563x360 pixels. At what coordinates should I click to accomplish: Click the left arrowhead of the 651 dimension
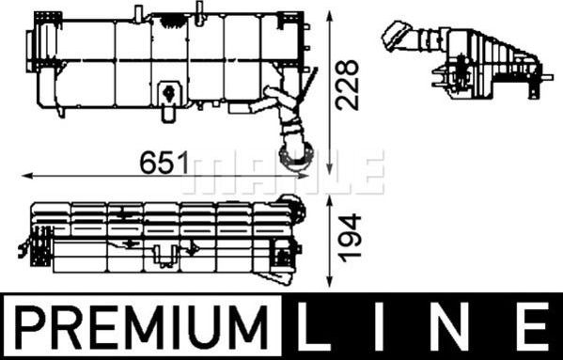coord(23,175)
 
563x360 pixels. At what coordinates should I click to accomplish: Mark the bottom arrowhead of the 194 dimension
coord(329,285)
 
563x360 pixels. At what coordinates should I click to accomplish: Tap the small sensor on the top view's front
coord(169,91)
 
